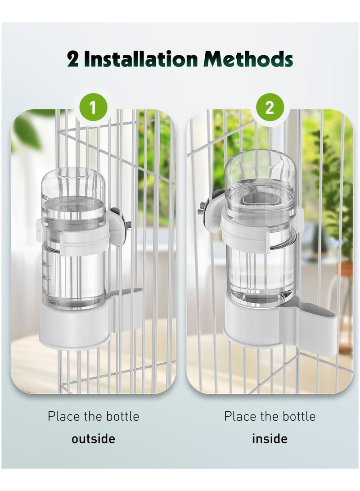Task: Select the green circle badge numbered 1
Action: click(x=93, y=108)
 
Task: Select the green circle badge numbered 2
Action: click(x=269, y=108)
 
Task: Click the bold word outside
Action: click(x=93, y=439)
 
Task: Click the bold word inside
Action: click(x=269, y=439)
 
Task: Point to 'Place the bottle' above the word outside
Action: click(x=93, y=416)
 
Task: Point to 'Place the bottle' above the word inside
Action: click(x=269, y=416)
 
